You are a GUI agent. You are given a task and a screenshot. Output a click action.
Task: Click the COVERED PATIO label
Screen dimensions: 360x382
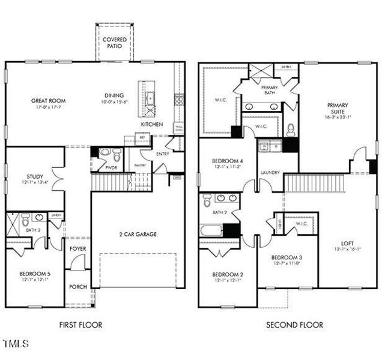(114, 43)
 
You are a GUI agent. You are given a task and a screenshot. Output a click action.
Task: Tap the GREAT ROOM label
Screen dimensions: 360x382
(49, 101)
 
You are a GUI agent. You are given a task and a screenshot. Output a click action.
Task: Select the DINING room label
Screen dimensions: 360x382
(113, 95)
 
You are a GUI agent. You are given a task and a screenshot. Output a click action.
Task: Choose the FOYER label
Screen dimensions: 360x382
(77, 248)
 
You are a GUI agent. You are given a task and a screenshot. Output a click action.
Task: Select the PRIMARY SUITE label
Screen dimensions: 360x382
(337, 109)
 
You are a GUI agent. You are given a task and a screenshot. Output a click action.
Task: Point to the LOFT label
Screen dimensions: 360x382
(347, 244)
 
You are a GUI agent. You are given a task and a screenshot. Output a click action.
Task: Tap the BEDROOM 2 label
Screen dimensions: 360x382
(228, 275)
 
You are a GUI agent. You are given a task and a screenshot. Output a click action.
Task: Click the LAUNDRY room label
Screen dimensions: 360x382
(270, 172)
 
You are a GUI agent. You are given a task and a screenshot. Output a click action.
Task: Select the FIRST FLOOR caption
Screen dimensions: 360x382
(80, 325)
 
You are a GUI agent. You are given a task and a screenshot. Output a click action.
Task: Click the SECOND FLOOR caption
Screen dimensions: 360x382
(294, 325)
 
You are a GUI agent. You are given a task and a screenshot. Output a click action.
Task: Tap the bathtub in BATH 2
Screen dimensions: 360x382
(212, 230)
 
